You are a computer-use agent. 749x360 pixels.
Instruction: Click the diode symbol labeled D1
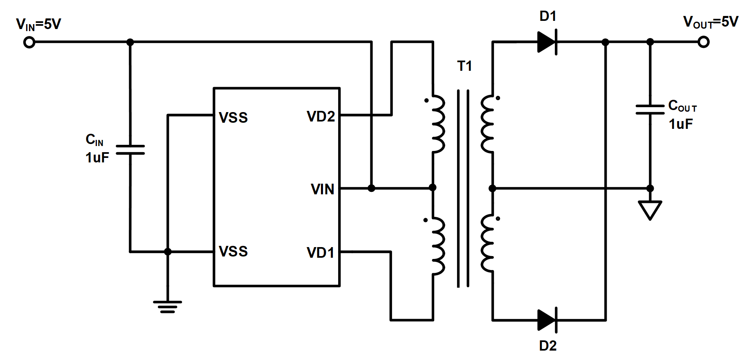coord(547,42)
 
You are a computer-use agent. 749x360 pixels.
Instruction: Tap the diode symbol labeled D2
coord(547,320)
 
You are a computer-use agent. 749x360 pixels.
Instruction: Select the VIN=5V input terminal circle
coord(29,42)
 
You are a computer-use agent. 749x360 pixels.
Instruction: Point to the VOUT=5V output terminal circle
coord(703,42)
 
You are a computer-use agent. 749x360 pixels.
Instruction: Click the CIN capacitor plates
coord(130,150)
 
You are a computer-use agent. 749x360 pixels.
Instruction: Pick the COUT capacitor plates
coord(650,109)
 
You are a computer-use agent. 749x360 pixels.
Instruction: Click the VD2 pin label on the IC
coord(321,117)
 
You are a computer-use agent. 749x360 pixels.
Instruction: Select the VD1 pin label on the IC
coord(321,253)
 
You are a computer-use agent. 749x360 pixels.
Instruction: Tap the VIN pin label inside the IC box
coord(322,189)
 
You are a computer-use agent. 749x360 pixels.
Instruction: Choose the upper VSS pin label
coord(233,118)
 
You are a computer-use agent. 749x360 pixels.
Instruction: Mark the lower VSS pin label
coord(233,252)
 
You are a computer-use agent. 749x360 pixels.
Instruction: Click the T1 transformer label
coord(464,66)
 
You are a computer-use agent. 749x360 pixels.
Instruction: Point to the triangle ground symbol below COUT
coord(650,209)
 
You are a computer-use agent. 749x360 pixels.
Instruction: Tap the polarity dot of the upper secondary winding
coord(498,98)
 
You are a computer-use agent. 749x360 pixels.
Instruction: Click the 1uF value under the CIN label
coord(97,158)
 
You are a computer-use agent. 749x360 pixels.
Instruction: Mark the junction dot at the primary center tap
coord(433,188)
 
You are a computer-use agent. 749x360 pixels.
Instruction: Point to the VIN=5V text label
coord(38,25)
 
